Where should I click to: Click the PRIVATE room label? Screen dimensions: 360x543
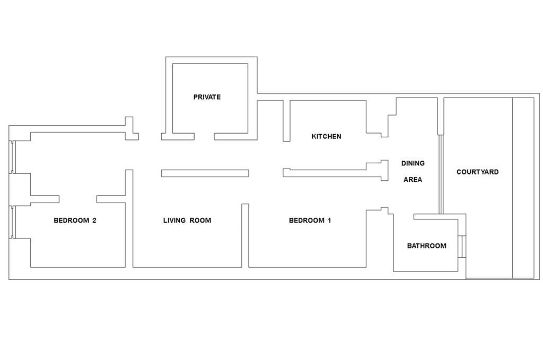pyautogui.click(x=207, y=97)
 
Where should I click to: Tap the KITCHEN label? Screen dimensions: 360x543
pyautogui.click(x=326, y=136)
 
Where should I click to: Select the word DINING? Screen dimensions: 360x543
pyautogui.click(x=413, y=163)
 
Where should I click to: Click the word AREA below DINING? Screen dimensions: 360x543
pyautogui.click(x=413, y=180)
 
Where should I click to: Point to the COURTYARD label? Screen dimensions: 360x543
pyautogui.click(x=477, y=172)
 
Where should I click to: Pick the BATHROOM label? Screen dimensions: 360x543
pyautogui.click(x=426, y=246)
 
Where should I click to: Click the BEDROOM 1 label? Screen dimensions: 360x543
pyautogui.click(x=310, y=221)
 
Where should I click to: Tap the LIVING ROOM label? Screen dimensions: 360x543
pyautogui.click(x=187, y=221)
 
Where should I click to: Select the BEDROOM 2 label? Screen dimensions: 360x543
pyautogui.click(x=75, y=221)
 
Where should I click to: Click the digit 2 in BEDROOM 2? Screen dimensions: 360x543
pyautogui.click(x=94, y=221)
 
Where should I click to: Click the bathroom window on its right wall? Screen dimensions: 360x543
pyautogui.click(x=461, y=245)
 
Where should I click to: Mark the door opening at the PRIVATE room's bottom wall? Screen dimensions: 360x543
pyautogui.click(x=204, y=136)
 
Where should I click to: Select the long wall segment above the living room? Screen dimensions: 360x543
pyautogui.click(x=205, y=173)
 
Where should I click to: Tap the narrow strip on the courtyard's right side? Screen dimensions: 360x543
pyautogui.click(x=523, y=188)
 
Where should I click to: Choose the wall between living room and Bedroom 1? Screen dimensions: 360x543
pyautogui.click(x=245, y=235)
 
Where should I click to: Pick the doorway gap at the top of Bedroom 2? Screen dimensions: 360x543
pyautogui.click(x=77, y=199)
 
